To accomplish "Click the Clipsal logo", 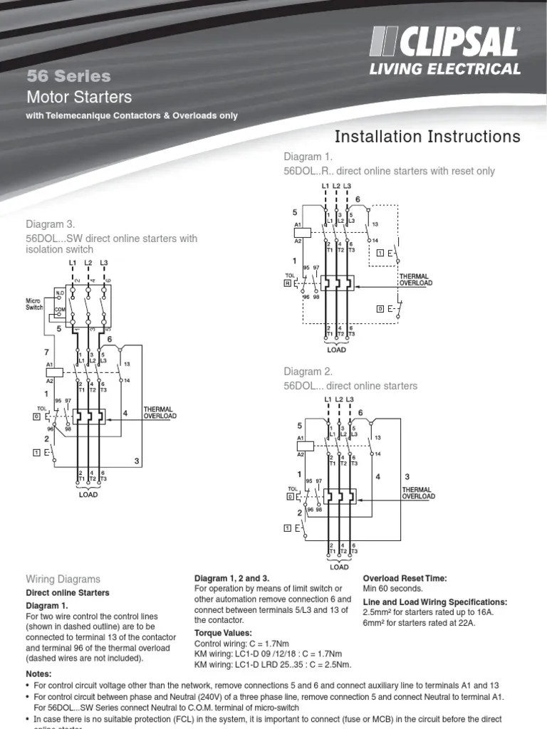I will (x=443, y=43).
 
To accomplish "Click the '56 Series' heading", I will (x=68, y=75).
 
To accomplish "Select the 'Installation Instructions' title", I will (x=427, y=136).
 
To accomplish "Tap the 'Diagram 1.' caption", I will (x=308, y=157).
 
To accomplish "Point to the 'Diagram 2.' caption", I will (x=308, y=371).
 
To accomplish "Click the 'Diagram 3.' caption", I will (x=50, y=224).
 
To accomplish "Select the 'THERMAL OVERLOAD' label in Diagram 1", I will (x=415, y=280).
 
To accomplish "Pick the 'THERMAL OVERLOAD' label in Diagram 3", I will (x=160, y=412).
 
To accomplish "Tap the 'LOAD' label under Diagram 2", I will (x=339, y=567).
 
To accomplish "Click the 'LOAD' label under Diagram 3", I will (x=88, y=494).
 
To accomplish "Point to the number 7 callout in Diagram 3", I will (x=47, y=352).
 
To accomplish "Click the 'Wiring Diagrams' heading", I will (x=63, y=579).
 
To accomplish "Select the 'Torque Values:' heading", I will (x=223, y=632).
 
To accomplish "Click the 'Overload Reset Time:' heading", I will (x=405, y=578).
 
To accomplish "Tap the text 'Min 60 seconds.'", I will (x=393, y=589).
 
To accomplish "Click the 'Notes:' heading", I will (x=40, y=673).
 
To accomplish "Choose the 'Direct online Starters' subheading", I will (x=68, y=592).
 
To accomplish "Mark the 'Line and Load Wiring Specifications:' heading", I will (x=435, y=602).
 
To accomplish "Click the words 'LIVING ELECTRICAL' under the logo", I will (x=444, y=69).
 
